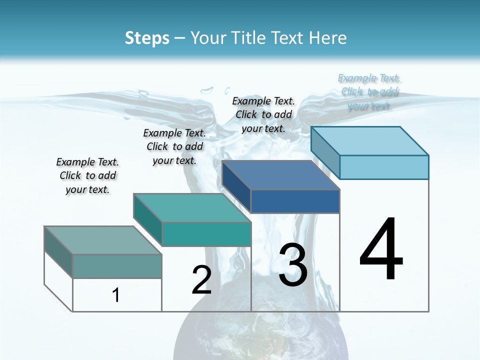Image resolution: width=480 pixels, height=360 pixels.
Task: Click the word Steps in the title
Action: [x=147, y=38]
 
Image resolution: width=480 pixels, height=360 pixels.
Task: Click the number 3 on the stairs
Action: [x=293, y=265]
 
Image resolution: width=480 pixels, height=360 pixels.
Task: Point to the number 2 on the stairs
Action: [x=202, y=280]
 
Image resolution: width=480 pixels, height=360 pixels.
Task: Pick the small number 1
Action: [x=116, y=295]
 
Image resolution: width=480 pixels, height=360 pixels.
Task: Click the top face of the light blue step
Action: [x=370, y=140]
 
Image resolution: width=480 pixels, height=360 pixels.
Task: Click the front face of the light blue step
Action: [x=384, y=167]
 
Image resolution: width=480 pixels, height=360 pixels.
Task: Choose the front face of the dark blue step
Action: [x=295, y=201]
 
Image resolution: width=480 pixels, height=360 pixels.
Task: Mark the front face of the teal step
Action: [x=206, y=234]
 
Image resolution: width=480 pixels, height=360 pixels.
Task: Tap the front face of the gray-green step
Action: [x=117, y=266]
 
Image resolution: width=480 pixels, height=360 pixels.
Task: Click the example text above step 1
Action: [x=87, y=175]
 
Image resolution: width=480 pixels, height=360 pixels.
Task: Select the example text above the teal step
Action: [x=174, y=146]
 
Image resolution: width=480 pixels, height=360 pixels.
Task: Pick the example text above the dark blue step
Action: [x=263, y=114]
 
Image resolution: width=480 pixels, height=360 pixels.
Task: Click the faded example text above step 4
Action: [x=369, y=92]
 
